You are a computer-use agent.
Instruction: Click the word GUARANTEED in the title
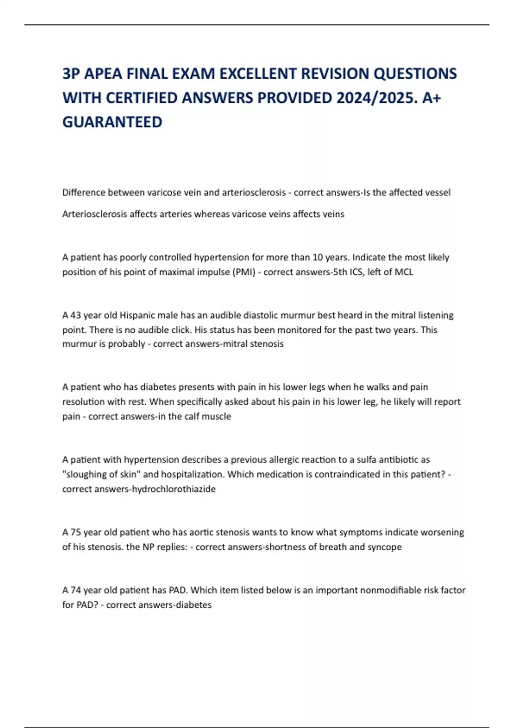point(112,122)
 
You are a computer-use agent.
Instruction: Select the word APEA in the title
point(102,74)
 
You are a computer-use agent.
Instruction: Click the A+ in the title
point(431,98)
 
